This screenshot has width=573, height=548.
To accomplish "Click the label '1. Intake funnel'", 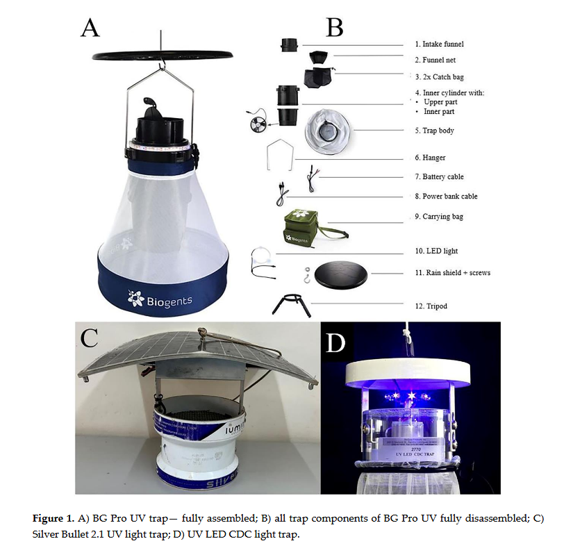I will [438, 44].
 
